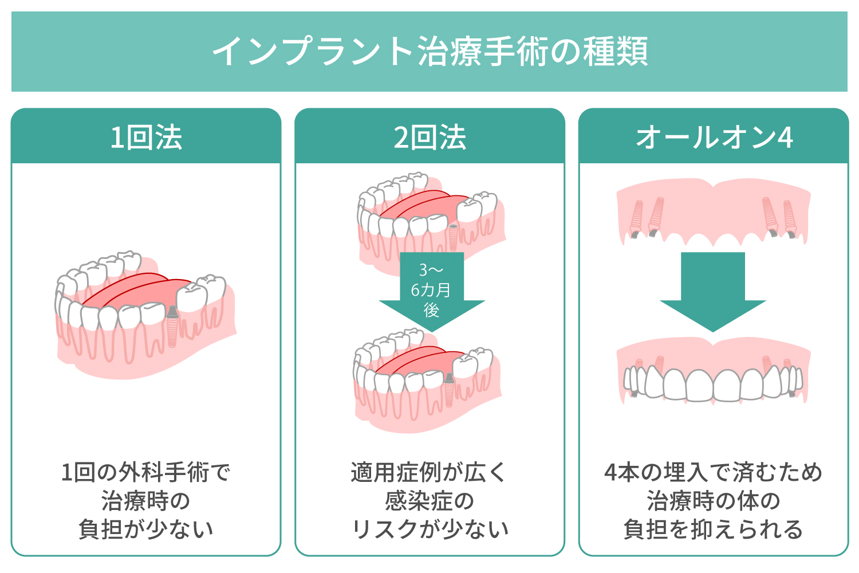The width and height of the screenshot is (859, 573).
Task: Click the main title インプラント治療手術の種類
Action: (429, 52)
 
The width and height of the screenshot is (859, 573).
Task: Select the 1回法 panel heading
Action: (146, 138)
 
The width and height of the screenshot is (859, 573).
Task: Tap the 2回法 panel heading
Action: (429, 138)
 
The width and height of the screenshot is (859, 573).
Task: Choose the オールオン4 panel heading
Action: (714, 138)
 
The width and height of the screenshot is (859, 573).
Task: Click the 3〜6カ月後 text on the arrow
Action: (431, 290)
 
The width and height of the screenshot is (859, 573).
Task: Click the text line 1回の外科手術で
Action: (146, 473)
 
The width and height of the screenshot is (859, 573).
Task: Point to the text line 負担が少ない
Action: (146, 529)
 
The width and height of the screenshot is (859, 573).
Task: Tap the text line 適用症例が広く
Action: (429, 473)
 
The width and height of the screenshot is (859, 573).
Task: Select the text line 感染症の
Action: (429, 501)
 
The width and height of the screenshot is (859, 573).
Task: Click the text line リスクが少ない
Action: (429, 529)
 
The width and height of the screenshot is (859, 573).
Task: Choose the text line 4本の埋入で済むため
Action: (714, 473)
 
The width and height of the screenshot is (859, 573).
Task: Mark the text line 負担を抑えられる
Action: (714, 529)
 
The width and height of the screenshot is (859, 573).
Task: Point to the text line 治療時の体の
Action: (714, 501)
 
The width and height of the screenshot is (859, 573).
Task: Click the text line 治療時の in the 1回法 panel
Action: (146, 501)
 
